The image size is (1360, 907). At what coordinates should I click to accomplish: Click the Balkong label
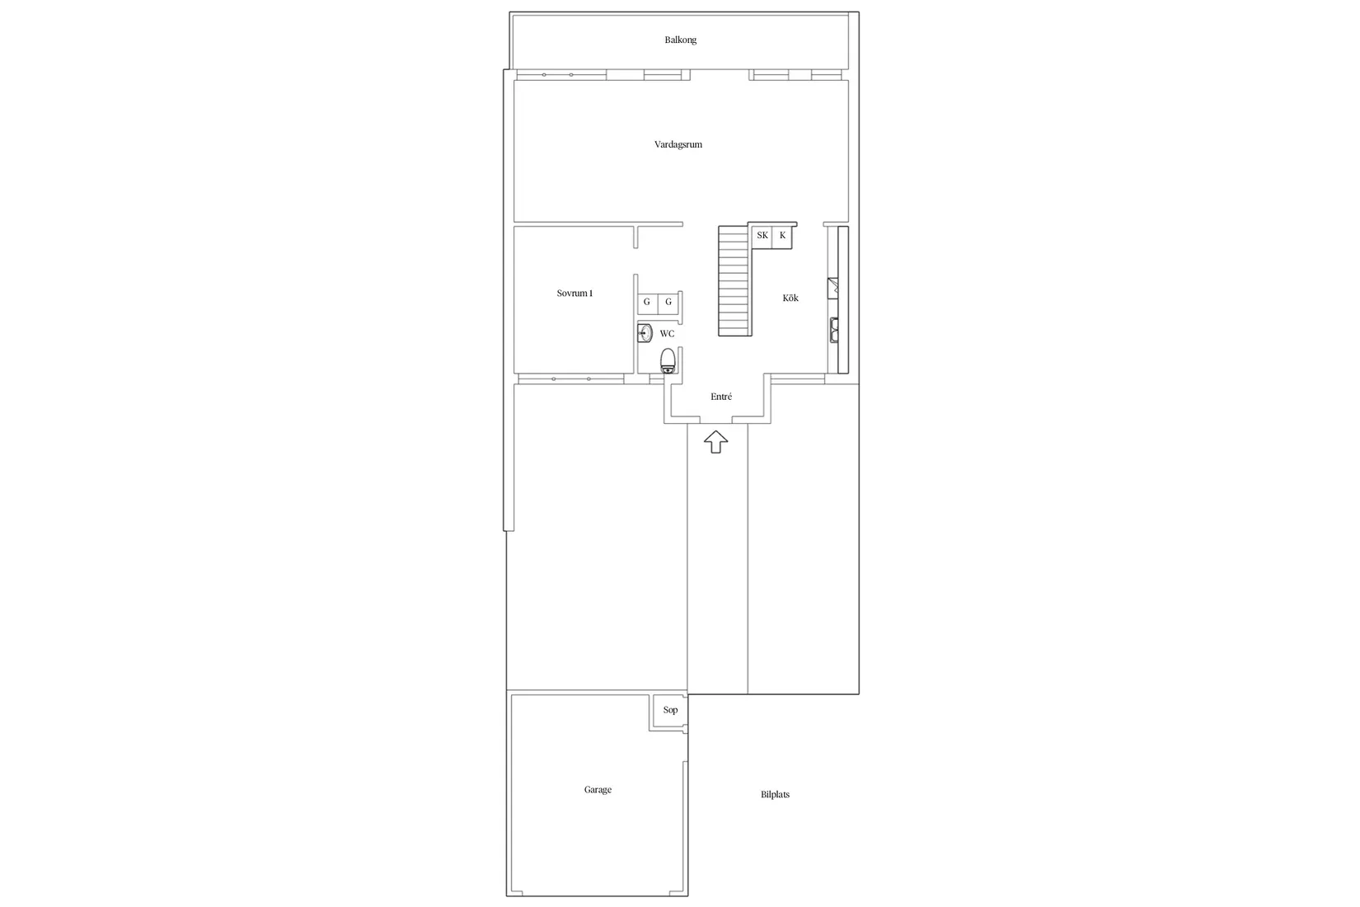[x=680, y=40]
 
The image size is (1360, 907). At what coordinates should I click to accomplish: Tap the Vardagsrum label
[x=678, y=144]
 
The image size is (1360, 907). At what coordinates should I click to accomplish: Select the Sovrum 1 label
[x=574, y=293]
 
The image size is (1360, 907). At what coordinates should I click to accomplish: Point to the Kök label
[x=790, y=298]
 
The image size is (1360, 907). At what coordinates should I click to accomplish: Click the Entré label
[x=721, y=397]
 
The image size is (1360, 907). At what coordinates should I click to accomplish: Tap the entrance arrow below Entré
[x=715, y=442]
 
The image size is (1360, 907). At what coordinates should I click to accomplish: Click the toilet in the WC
[x=668, y=360]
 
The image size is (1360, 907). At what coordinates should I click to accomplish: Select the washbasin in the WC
[x=645, y=333]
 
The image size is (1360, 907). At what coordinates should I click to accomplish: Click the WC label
[x=667, y=333]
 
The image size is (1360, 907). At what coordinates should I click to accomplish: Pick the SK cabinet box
[x=762, y=236]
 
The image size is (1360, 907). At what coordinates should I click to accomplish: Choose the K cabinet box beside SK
[x=782, y=236]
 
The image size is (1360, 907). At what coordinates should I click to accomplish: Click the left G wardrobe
[x=647, y=302]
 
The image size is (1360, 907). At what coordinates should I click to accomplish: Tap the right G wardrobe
[x=668, y=302]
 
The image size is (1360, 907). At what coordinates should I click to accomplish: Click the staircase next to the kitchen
[x=734, y=280]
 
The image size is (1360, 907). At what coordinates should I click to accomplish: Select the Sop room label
[x=670, y=710]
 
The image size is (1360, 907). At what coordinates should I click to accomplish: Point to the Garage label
[x=598, y=790]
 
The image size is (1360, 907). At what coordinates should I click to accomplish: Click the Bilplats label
[x=775, y=794]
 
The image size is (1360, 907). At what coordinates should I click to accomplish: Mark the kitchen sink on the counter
[x=834, y=331]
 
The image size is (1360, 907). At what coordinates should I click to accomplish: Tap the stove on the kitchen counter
[x=833, y=289]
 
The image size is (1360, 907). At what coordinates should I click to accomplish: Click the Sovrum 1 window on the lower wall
[x=570, y=379]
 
